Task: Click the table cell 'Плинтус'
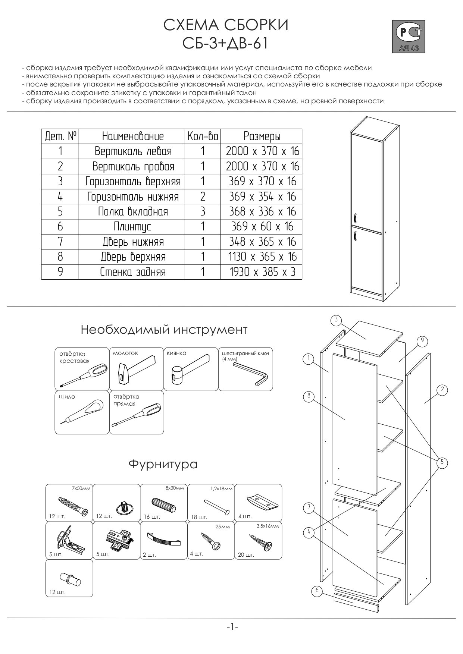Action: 132,227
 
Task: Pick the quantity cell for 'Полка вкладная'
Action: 203,212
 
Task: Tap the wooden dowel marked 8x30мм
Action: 163,505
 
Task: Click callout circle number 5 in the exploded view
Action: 441,463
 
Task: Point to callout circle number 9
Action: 422,341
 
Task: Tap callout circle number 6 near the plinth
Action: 317,590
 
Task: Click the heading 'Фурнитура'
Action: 163,465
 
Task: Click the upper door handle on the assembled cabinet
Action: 355,218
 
